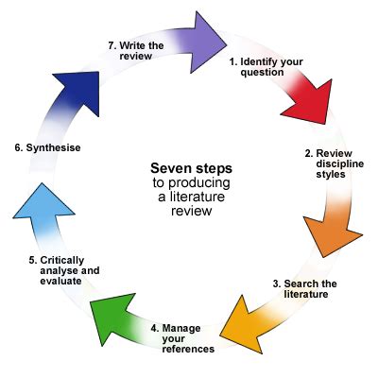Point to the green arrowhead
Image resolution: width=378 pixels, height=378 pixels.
point(111,317)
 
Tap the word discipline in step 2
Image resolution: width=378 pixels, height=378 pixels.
point(340,164)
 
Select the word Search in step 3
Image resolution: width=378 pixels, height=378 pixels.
point(297,283)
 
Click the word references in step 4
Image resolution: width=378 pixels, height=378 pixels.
point(188,349)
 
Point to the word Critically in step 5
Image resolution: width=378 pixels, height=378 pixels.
point(62,261)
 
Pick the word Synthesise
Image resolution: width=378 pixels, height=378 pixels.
point(53,147)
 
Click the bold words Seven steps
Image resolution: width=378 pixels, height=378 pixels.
point(191,168)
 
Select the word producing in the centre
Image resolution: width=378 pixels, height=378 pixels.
point(198,183)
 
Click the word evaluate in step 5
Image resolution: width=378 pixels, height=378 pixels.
point(60,281)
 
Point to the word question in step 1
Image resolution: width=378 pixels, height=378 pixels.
point(262,73)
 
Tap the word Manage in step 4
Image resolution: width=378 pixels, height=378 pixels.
point(181,328)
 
